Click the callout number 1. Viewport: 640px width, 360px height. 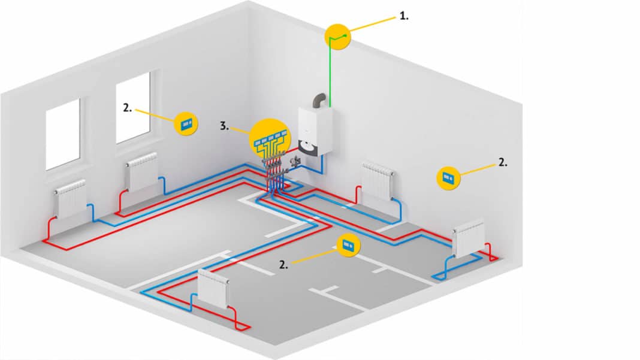click(404, 17)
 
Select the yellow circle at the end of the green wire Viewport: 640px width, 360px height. click(337, 38)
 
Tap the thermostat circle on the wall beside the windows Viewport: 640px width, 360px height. click(185, 123)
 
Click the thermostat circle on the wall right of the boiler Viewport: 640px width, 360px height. click(448, 177)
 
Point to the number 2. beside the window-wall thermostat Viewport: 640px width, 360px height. click(127, 108)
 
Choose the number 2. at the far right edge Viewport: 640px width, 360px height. click(502, 162)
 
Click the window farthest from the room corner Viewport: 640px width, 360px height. click(62, 134)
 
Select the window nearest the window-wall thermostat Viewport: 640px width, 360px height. click(132, 107)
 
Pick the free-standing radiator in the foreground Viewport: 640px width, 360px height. click(213, 288)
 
